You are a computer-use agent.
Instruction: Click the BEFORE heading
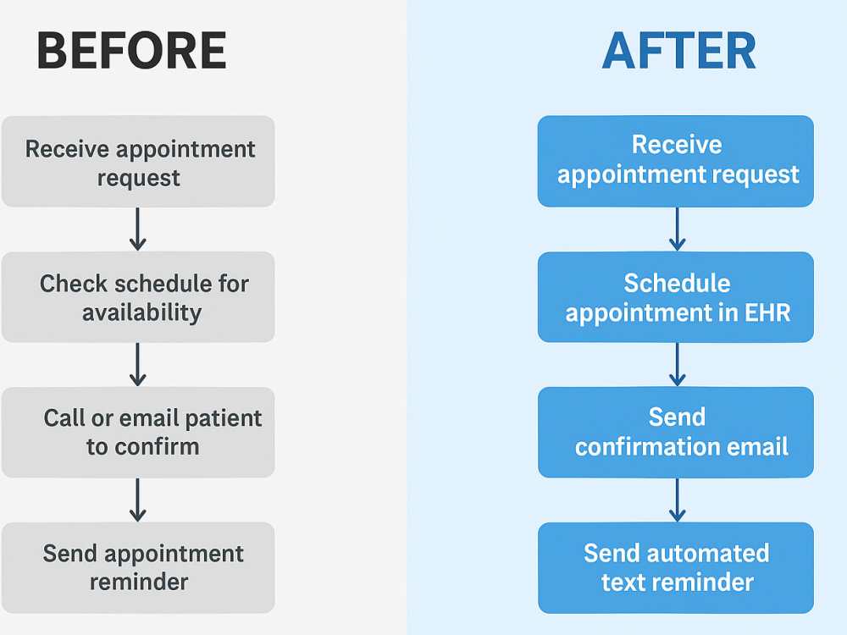[131, 50]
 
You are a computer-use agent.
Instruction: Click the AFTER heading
[678, 50]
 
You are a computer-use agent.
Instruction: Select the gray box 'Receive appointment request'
[138, 162]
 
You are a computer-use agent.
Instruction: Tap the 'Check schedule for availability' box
[138, 297]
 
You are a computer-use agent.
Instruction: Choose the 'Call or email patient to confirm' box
[138, 432]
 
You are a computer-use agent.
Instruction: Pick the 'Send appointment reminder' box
[138, 567]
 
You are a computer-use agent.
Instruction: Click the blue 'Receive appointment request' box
[676, 161]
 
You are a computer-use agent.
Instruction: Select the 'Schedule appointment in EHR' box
[676, 297]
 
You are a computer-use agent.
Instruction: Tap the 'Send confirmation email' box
[676, 432]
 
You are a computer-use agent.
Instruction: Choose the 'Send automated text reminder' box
[676, 567]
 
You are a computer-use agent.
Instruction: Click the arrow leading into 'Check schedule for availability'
[138, 229]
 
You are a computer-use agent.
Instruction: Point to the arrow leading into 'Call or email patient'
[138, 364]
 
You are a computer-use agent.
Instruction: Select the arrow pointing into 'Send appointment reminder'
[138, 500]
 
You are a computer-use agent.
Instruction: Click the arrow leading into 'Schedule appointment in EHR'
[678, 229]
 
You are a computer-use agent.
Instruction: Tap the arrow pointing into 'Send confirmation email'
[678, 364]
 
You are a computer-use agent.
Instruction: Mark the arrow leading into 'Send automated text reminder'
[678, 500]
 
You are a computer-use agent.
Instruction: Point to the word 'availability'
[142, 313]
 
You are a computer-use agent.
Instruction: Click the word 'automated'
[707, 554]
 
